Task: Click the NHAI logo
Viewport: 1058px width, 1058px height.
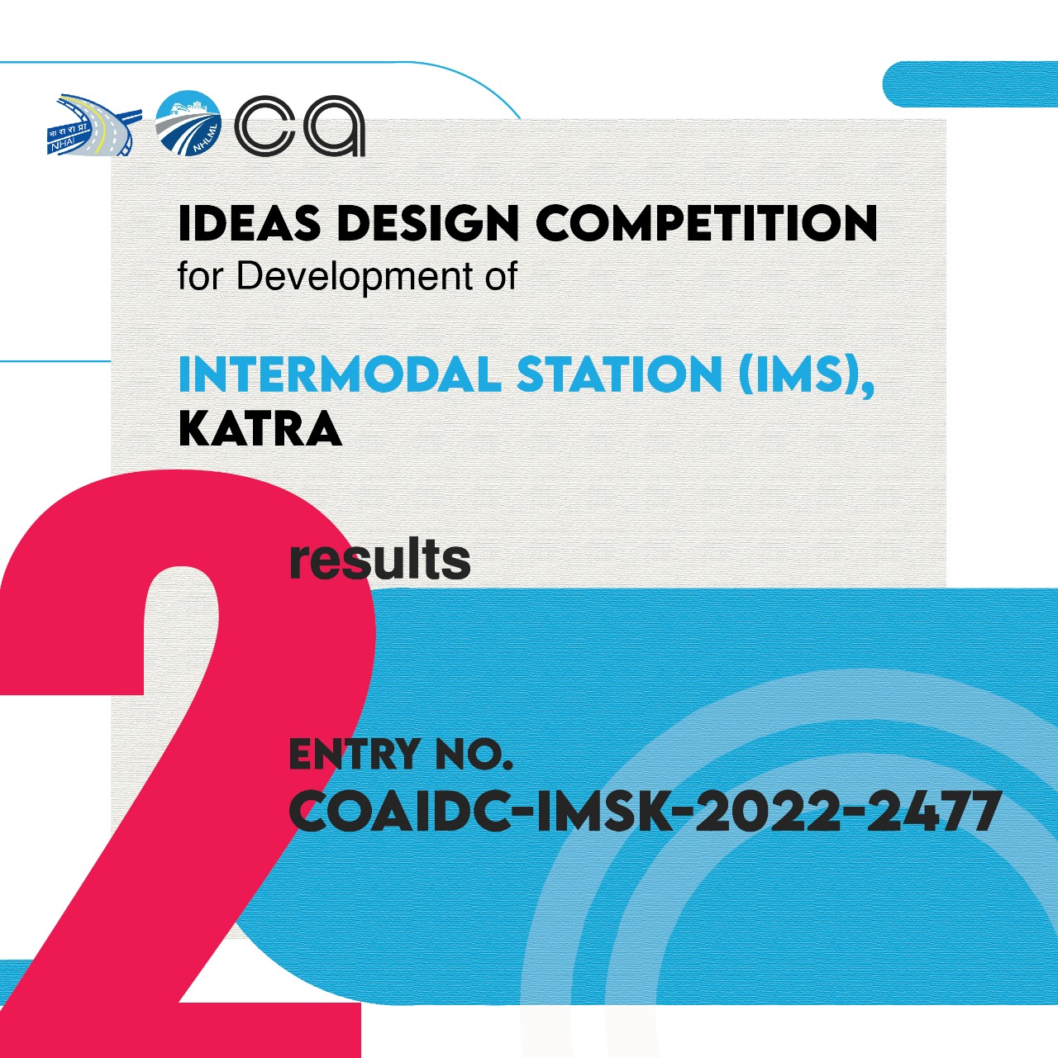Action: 94,125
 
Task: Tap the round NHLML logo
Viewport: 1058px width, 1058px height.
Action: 188,122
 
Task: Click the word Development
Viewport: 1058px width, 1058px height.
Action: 354,277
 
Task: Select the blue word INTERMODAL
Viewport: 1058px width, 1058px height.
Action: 340,374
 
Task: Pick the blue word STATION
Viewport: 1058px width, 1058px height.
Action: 620,374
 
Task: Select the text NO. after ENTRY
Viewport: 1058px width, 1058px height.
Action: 474,754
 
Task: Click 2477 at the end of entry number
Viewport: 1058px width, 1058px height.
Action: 929,812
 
